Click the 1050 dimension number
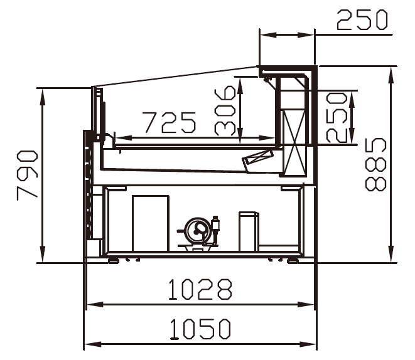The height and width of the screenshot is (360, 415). click(200, 329)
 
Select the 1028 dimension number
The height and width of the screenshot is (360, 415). click(200, 289)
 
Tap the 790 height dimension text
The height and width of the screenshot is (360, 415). click(27, 175)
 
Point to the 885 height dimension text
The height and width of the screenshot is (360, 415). click(375, 164)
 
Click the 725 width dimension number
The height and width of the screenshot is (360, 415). click(170, 122)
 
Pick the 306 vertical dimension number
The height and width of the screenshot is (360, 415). click(225, 110)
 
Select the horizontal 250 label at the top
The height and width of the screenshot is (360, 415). click(362, 19)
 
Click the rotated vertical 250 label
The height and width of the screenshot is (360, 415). click(337, 117)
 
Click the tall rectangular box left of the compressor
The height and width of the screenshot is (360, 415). click(151, 223)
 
